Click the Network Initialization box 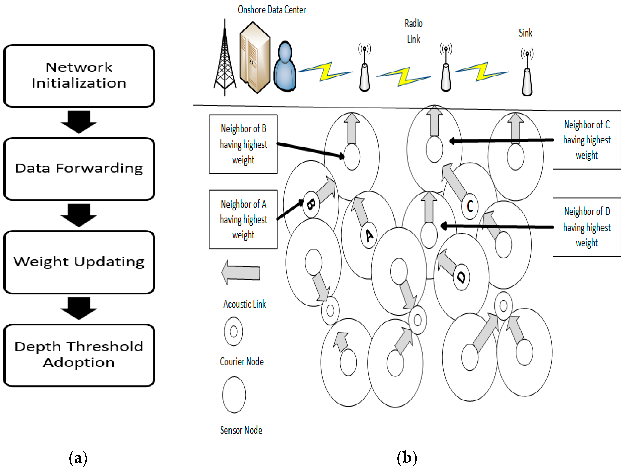click(x=79, y=76)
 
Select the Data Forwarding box click(x=79, y=169)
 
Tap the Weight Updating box click(x=79, y=262)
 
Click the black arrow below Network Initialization click(x=79, y=121)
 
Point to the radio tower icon click(x=225, y=59)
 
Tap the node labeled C click(x=470, y=206)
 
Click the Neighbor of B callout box click(x=243, y=144)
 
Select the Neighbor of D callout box click(x=587, y=227)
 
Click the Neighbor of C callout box click(x=587, y=140)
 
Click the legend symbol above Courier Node click(x=233, y=331)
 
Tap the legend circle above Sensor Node click(x=234, y=395)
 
